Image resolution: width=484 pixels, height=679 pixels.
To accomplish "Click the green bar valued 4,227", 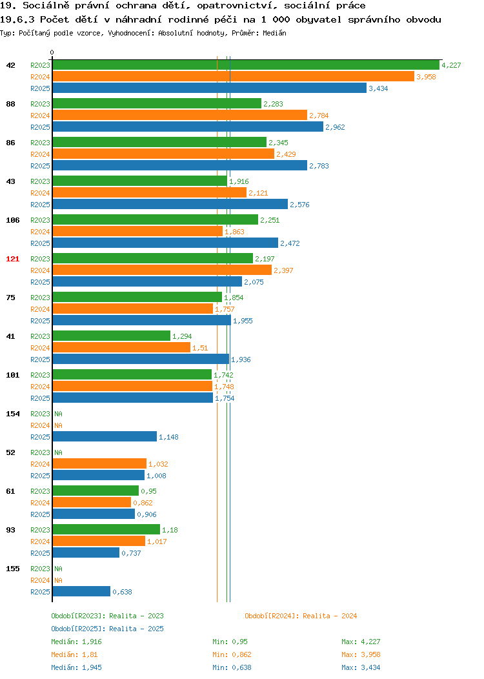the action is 246,65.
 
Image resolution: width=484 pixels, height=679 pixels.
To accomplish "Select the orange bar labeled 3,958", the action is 234,77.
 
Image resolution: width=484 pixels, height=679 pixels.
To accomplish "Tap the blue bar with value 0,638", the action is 81,591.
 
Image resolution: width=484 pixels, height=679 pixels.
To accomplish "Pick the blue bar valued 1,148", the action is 105,436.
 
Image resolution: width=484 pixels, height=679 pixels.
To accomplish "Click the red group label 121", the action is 12,259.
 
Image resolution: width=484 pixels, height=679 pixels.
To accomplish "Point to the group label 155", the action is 12,569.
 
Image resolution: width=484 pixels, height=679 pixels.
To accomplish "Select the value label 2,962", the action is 335,127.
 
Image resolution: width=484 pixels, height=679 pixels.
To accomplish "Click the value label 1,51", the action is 200,348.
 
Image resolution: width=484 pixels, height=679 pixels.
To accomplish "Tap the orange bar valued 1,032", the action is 99,464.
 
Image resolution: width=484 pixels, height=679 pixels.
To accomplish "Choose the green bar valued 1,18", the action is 106,530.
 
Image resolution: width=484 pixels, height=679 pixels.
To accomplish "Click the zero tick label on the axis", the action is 52,53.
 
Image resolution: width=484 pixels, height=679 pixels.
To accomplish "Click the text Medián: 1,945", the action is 76,667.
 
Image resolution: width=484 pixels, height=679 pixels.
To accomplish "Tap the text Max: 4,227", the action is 361,642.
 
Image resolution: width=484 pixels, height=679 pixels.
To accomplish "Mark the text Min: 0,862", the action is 232,654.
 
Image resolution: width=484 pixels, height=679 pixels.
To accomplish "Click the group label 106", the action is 12,220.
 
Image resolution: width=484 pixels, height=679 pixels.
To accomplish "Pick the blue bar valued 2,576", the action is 170,204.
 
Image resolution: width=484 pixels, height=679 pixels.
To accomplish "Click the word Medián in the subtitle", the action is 274,33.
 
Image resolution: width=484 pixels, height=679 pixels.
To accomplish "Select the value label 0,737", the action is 131,553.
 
